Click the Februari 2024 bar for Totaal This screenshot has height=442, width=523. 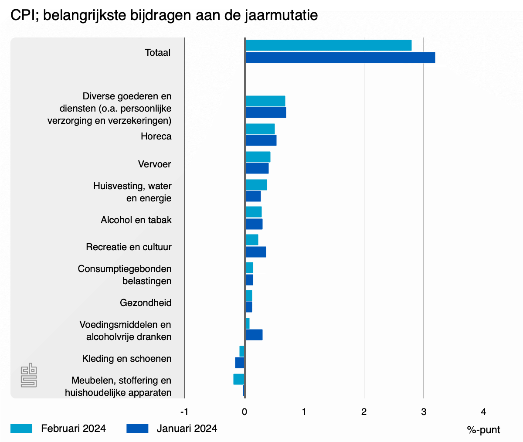pos(328,45)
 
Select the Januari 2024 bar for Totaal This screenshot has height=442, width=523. pos(340,58)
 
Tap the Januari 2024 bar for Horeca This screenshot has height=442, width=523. pos(261,140)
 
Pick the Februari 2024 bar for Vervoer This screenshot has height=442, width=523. pos(258,157)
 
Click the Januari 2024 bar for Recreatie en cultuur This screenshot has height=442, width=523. pos(255,252)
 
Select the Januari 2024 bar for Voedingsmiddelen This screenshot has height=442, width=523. pos(254,335)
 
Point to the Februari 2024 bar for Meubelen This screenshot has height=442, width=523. pos(239,379)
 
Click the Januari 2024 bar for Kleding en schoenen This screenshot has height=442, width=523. pos(240,363)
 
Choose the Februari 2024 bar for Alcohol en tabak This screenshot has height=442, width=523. pos(253,212)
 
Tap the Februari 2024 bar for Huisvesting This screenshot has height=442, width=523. pos(256,185)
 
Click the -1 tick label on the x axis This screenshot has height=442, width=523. pos(184,412)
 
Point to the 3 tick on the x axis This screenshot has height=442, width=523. pos(424,412)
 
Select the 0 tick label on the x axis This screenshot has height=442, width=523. pos(245,412)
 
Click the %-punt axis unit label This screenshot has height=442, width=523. pos(483,430)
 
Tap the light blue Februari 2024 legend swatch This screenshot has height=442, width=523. pos(21,428)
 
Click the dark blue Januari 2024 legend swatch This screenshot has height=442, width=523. pos(137,428)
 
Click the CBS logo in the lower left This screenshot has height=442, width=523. pos(29,375)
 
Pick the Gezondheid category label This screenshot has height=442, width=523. pos(146,303)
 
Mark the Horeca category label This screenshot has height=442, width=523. pos(156,136)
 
